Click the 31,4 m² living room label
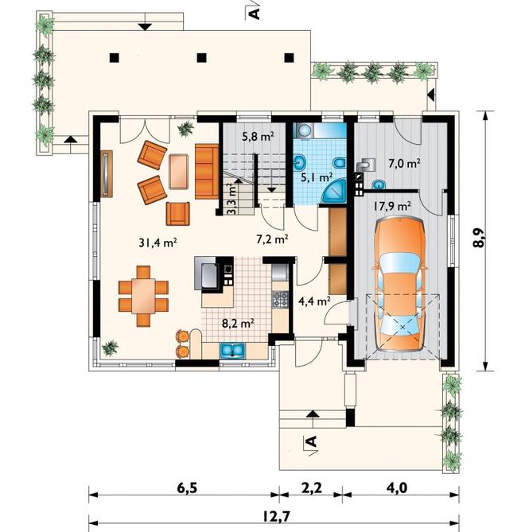tap(157, 243)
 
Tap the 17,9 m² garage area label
tap(393, 206)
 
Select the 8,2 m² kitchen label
tap(238, 324)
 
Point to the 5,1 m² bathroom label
tap(317, 177)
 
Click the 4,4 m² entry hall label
tap(314, 301)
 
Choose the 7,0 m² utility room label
tap(405, 164)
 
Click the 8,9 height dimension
tap(480, 237)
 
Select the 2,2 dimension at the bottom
tap(311, 488)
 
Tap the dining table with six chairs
tap(143, 296)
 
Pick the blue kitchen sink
tap(232, 351)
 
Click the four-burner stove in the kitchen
tap(280, 299)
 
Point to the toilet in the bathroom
tap(339, 164)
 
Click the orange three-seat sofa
tap(207, 171)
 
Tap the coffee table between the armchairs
tap(178, 171)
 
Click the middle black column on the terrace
tap(202, 58)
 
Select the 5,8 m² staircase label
tap(259, 136)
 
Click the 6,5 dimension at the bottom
tap(187, 488)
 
